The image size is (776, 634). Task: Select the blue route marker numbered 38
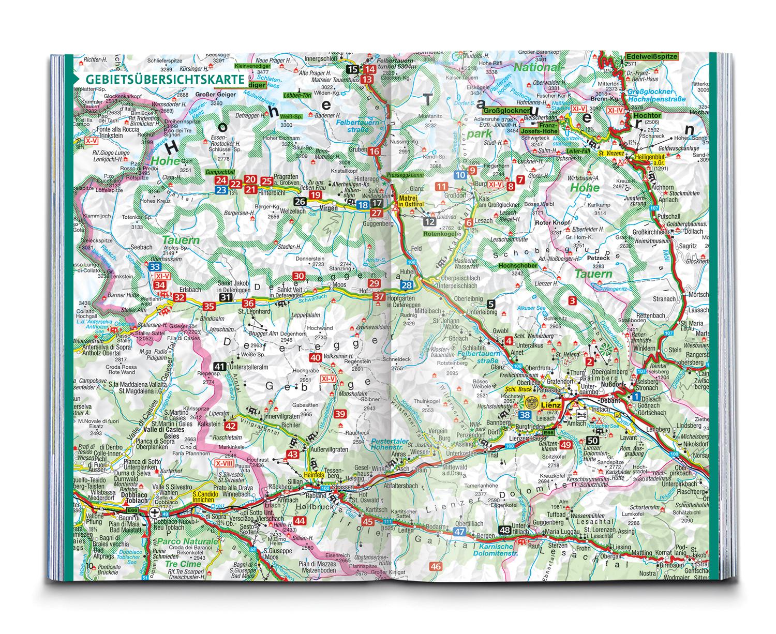[x=526, y=415]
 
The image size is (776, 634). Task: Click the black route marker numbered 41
[x=220, y=367]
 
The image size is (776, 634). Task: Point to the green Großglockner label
[x=506, y=111]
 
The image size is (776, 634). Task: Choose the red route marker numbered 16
[x=375, y=152]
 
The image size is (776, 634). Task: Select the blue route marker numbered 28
[x=408, y=285]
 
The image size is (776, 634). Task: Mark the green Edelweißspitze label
[x=651, y=56]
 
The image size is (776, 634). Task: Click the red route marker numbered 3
[x=572, y=301]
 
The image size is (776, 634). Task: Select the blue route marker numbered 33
[x=155, y=267]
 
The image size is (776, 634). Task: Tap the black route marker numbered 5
[x=491, y=304]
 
